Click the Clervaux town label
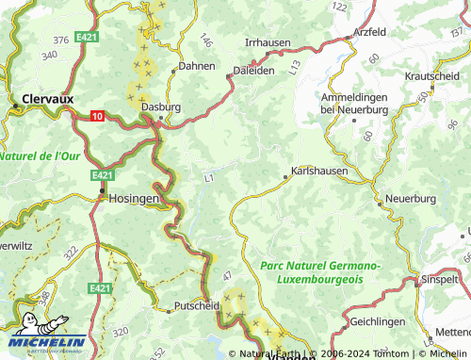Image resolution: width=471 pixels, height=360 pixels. click(42, 97)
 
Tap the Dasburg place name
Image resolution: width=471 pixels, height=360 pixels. click(160, 108)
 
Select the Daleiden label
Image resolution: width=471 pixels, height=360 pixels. click(252, 70)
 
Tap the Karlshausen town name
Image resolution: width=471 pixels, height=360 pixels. click(319, 172)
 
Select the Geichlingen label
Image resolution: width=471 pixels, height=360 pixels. click(351, 321)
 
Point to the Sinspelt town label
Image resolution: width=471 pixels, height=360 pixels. click(441, 280)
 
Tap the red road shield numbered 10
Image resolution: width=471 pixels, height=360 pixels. click(98, 116)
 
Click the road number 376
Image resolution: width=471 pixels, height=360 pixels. click(61, 40)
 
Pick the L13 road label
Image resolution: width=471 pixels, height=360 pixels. click(296, 67)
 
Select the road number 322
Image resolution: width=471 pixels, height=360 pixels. click(70, 253)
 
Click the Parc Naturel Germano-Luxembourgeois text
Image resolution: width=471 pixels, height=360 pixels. click(319, 273)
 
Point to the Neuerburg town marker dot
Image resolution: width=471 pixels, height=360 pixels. click(380, 202)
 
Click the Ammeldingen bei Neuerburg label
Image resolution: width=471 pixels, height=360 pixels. click(354, 104)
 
